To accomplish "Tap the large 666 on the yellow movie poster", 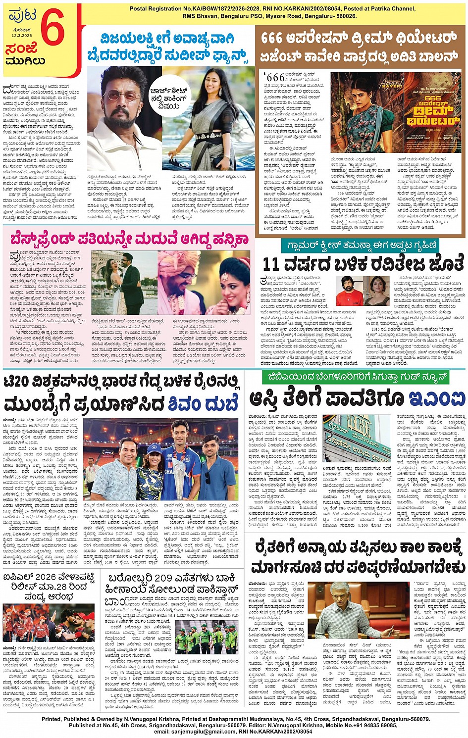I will tap(433, 99).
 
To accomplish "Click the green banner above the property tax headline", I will tap(355, 377).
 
